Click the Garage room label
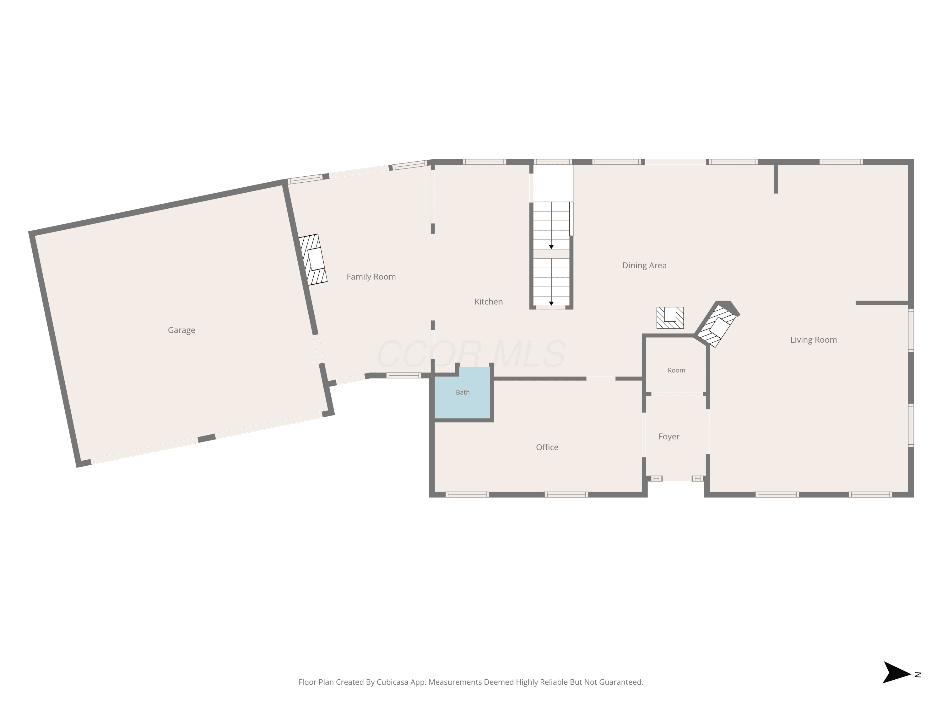[181, 330]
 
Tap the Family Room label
[371, 277]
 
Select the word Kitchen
[489, 302]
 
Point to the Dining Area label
[644, 265]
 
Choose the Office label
[547, 447]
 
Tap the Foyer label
[669, 437]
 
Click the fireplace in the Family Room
[313, 259]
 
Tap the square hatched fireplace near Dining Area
[670, 318]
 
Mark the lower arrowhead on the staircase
[551, 303]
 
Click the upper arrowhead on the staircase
[551, 247]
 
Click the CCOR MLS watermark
[471, 354]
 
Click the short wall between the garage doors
[207, 438]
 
